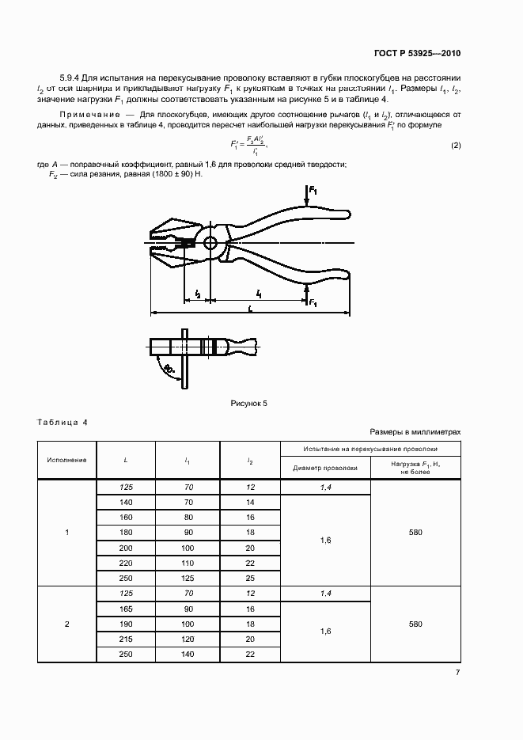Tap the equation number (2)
pos(456,146)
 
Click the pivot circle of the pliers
pos(210,243)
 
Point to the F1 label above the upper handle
pos(313,192)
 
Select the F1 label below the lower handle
pos(313,303)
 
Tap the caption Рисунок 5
pos(249,404)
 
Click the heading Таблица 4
pos(63,422)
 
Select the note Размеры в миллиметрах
pos(415,432)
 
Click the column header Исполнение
pos(66,459)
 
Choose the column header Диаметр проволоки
pos(325,468)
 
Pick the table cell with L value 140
pos(126,503)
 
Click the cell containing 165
pos(126,610)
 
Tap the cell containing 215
pos(126,639)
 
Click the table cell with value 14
pos(250,503)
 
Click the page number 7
pos(457,673)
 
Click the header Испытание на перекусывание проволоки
pos(370,448)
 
